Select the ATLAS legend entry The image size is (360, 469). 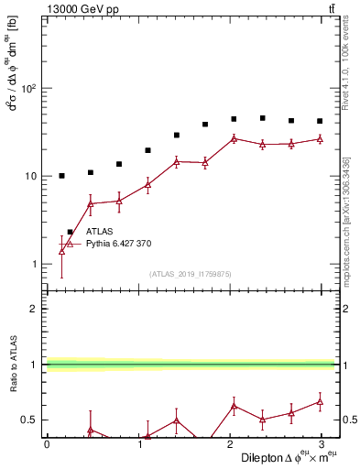coord(99,232)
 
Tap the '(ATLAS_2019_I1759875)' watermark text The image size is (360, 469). coord(190,273)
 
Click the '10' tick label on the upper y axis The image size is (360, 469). coord(30,177)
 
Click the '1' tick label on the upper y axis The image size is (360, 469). coord(34,265)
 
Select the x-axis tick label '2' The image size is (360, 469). coord(230,444)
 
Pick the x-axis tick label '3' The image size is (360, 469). coord(322,444)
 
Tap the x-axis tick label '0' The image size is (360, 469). coord(47,444)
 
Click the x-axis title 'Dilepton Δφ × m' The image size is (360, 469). coord(284,456)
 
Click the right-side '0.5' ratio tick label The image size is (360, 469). coord(348,420)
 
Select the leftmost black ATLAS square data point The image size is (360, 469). coord(61,176)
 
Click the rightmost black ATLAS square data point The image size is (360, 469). coord(320,121)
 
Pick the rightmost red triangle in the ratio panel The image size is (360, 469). coord(320,401)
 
